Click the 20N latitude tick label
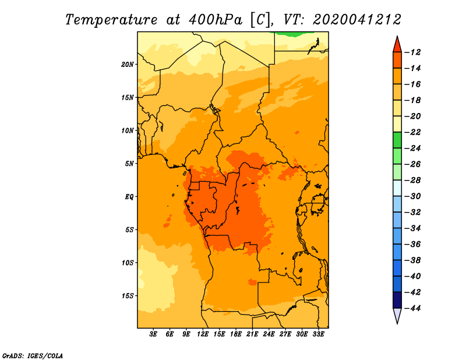pyautogui.click(x=128, y=65)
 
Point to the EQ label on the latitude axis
pyautogui.click(x=129, y=197)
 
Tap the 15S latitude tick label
pyautogui.click(x=128, y=296)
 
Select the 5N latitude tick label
pyautogui.click(x=129, y=164)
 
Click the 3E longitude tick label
pyautogui.click(x=153, y=334)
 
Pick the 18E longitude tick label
pyautogui.click(x=236, y=334)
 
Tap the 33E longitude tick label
pyautogui.click(x=318, y=334)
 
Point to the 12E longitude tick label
pyautogui.click(x=203, y=334)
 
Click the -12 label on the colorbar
pyautogui.click(x=413, y=52)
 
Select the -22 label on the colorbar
pyautogui.click(x=413, y=132)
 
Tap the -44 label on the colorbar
pyautogui.click(x=413, y=308)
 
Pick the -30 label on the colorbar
pyautogui.click(x=413, y=196)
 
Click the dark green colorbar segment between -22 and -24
pyautogui.click(x=397, y=140)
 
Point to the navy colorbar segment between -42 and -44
pyautogui.click(x=397, y=300)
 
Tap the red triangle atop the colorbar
pyautogui.click(x=397, y=45)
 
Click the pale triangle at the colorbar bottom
pyautogui.click(x=397, y=315)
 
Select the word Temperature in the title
pyautogui.click(x=111, y=20)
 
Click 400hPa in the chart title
pyautogui.click(x=215, y=20)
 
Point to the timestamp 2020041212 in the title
pyautogui.click(x=357, y=20)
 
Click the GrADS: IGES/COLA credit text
pyautogui.click(x=33, y=356)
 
